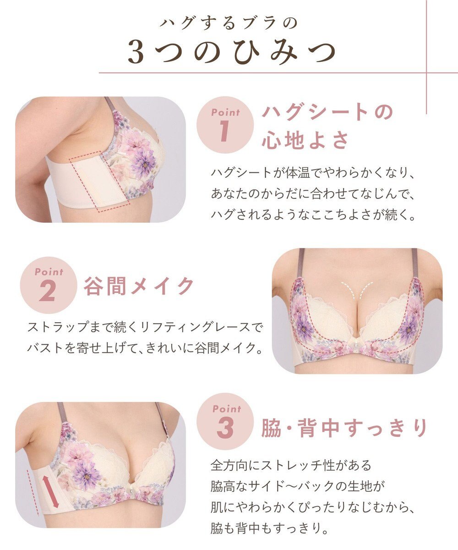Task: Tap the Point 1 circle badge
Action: click(x=225, y=124)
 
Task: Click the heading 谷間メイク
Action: click(x=139, y=286)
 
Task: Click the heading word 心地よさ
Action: click(x=305, y=140)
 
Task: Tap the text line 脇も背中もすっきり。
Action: click(x=270, y=529)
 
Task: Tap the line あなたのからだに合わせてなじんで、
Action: click(x=312, y=194)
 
